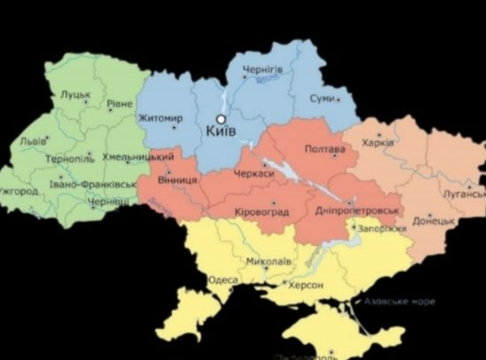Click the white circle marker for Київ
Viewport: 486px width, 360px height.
220,119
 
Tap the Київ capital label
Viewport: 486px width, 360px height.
221,131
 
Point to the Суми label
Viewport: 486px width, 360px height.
322,99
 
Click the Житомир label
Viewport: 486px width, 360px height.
160,118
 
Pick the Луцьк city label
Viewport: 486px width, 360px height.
75,94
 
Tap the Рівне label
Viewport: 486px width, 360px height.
120,104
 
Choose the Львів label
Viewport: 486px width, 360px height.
33,141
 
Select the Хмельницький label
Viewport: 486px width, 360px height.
138,157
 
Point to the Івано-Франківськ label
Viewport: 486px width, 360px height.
93,184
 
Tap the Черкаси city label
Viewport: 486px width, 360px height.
254,174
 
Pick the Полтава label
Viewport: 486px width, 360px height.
325,149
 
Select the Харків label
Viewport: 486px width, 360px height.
378,143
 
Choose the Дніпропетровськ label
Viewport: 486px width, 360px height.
357,211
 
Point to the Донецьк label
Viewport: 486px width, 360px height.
433,221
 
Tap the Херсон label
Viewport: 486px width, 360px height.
306,285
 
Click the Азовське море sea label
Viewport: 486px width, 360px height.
399,302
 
